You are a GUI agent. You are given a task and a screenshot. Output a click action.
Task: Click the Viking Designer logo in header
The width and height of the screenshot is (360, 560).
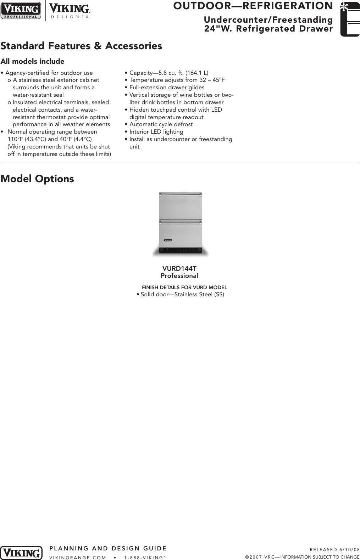pyautogui.click(x=69, y=11)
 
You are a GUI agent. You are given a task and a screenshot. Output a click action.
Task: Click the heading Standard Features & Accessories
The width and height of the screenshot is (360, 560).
pyautogui.click(x=81, y=46)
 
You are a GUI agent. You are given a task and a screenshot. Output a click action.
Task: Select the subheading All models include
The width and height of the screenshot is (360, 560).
pyautogui.click(x=32, y=61)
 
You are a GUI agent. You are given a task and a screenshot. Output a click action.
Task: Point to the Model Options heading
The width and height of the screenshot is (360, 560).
pyautogui.click(x=37, y=179)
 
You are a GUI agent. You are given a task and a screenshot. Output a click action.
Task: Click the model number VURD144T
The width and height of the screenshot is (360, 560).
pyautogui.click(x=179, y=269)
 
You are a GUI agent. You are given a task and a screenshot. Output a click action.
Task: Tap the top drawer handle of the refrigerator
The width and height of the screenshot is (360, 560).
pyautogui.click(x=181, y=195)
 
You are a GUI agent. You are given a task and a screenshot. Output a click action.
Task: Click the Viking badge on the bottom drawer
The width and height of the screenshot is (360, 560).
pyautogui.click(x=168, y=240)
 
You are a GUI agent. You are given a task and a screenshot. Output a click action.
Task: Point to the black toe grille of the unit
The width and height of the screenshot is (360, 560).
pyautogui.click(x=181, y=250)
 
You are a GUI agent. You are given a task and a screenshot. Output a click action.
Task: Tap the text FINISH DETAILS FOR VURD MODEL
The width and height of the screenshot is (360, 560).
pyautogui.click(x=184, y=287)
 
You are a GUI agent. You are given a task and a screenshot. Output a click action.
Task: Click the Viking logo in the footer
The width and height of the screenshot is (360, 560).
pyautogui.click(x=21, y=553)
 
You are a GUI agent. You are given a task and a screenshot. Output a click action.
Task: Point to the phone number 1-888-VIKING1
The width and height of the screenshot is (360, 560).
pyautogui.click(x=145, y=558)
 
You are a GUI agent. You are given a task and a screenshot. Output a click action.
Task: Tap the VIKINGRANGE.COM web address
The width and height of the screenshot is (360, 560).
pyautogui.click(x=78, y=558)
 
